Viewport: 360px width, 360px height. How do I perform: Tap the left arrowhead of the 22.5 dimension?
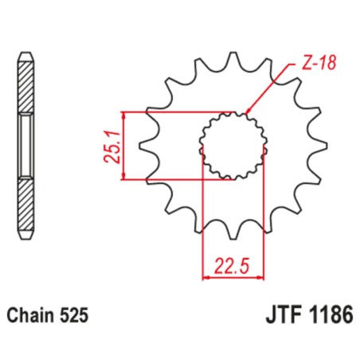207,276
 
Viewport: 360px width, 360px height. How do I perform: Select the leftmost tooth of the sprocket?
144,145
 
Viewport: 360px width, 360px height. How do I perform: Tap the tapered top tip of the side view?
27,56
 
